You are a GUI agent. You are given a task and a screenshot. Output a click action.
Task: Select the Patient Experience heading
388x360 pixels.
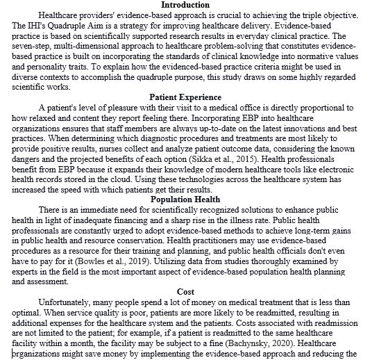tap(186, 97)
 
